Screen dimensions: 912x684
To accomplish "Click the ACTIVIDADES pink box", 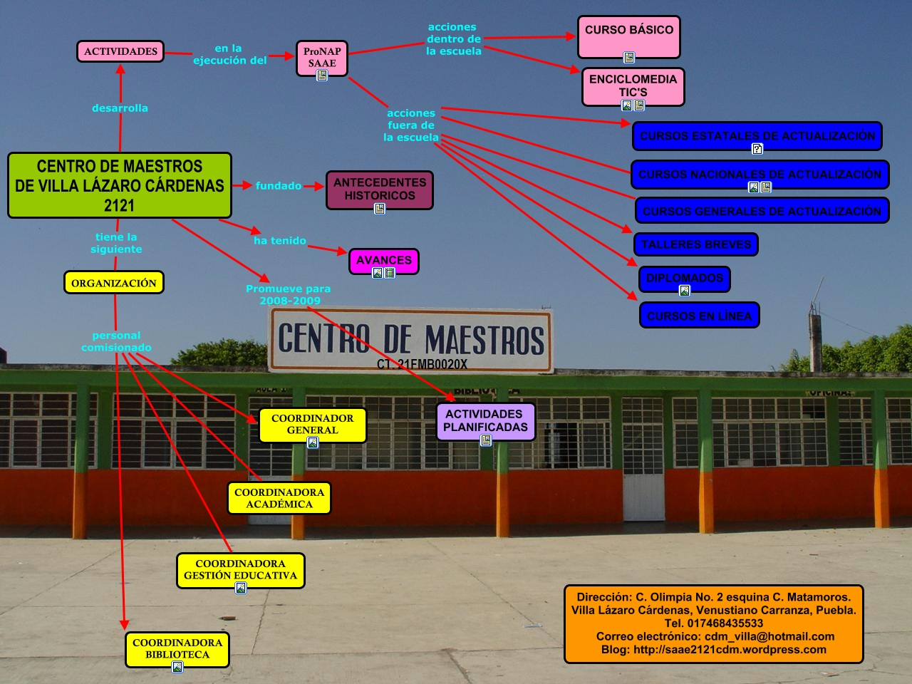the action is pyautogui.click(x=120, y=51).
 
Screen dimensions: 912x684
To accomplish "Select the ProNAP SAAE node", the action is pyautogui.click(x=322, y=57).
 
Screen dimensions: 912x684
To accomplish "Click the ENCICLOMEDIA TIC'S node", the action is pyautogui.click(x=633, y=85).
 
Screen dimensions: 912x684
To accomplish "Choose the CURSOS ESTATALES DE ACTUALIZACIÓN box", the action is pyautogui.click(x=757, y=135).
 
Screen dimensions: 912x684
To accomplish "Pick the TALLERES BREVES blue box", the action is pyautogui.click(x=695, y=244).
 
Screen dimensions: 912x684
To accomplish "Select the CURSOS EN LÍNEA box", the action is pyautogui.click(x=699, y=316).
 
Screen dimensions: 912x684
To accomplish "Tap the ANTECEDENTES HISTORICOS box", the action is pyautogui.click(x=379, y=189).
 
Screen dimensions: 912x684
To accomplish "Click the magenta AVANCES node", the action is pyautogui.click(x=383, y=259).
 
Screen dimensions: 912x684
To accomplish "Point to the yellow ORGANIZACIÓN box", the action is pyautogui.click(x=114, y=283).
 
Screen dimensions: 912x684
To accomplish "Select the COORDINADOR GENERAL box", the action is pyautogui.click(x=312, y=423).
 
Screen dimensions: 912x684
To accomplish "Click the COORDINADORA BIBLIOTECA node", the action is pyautogui.click(x=177, y=648).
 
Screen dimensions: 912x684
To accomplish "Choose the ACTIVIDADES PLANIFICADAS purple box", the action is pyautogui.click(x=485, y=420).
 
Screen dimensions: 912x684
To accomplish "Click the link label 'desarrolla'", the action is pyautogui.click(x=120, y=108).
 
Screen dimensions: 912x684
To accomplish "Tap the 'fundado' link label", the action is pyautogui.click(x=278, y=186).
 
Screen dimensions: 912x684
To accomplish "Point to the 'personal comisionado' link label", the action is pyautogui.click(x=116, y=341).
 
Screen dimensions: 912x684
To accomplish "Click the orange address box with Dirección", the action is pyautogui.click(x=713, y=623).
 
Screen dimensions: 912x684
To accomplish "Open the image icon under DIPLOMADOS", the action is pyautogui.click(x=685, y=291).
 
